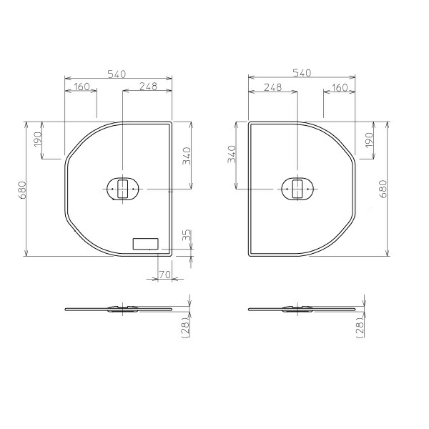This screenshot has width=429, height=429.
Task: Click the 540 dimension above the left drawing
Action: (x=117, y=74)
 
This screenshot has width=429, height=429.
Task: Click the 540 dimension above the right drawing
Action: (x=302, y=73)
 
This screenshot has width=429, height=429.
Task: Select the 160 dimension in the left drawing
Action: (x=82, y=87)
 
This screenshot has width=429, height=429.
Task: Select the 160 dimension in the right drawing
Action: (x=339, y=87)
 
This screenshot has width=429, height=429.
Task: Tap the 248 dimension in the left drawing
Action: (x=148, y=87)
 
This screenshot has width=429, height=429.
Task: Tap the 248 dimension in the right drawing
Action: (x=273, y=87)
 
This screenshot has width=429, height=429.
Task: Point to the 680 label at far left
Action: (x=22, y=190)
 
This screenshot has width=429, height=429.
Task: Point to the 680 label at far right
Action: (x=383, y=189)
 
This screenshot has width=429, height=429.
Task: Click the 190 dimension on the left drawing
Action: (x=37, y=139)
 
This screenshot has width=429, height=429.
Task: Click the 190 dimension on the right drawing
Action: (x=369, y=140)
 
